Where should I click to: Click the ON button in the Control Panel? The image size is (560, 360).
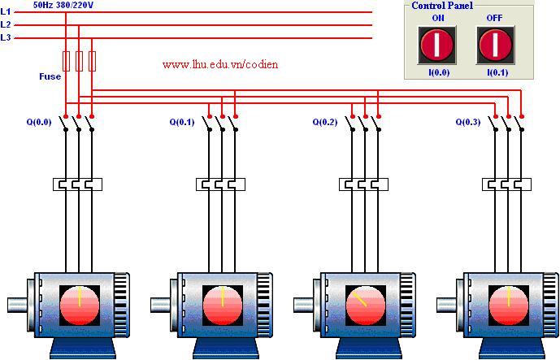(436, 45)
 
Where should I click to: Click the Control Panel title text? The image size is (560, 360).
(442, 6)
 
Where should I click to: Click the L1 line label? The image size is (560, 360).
(6, 12)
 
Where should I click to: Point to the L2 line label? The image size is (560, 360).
(6, 24)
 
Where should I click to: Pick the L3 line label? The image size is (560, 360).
(6, 37)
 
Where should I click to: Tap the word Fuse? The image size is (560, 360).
(50, 76)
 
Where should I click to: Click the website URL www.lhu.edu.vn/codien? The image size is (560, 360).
(220, 63)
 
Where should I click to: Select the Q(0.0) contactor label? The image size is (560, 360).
(38, 123)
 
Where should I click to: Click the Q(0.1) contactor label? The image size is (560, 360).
(182, 123)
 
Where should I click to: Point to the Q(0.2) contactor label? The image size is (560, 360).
(325, 123)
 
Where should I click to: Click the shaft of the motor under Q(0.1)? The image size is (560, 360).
(161, 306)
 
